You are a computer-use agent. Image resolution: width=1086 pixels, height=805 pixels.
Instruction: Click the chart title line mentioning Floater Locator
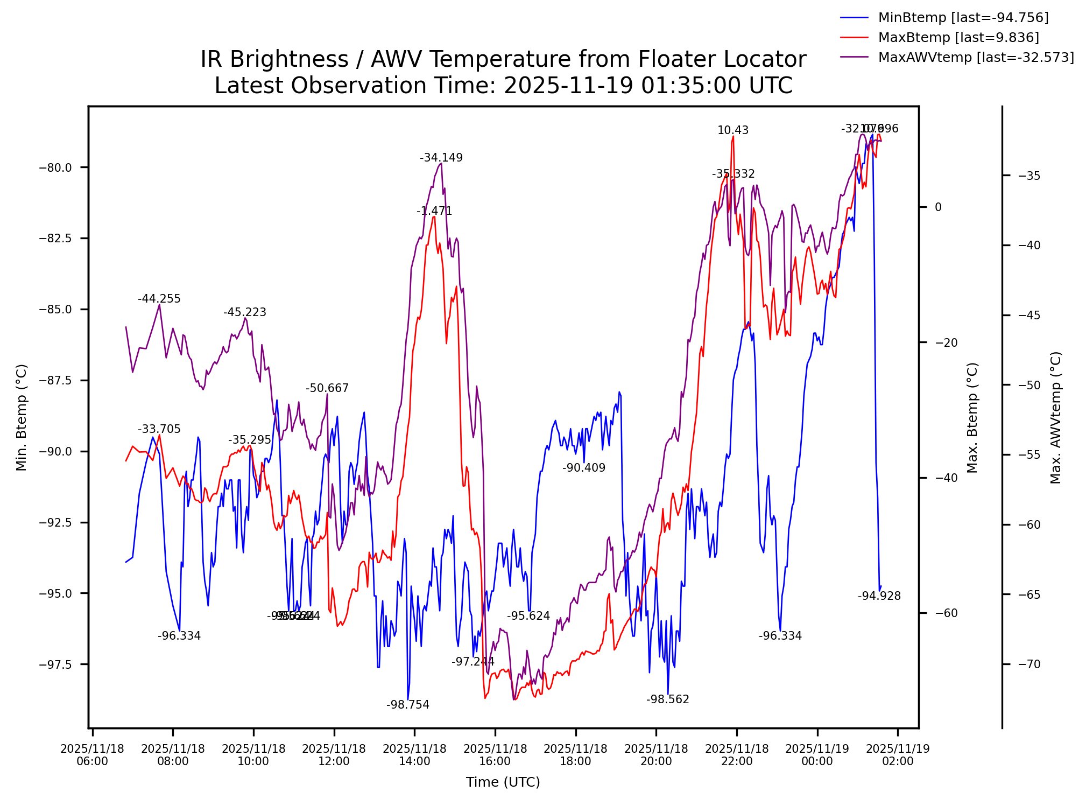[503, 59]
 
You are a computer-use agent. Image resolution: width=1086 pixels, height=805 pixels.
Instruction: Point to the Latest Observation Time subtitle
[503, 86]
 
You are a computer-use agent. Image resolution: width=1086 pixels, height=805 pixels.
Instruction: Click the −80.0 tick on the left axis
[55, 168]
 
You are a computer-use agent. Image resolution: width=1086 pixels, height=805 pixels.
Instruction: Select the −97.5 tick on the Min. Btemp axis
[55, 665]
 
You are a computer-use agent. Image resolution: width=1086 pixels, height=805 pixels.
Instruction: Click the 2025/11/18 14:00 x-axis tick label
[414, 755]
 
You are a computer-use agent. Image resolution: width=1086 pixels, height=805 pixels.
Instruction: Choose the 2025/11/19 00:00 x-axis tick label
[817, 755]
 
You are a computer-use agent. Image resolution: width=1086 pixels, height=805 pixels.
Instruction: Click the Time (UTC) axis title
[503, 782]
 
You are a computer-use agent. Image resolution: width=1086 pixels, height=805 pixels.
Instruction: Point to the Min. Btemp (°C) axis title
[22, 417]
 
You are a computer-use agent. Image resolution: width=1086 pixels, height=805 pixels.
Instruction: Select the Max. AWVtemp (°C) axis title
[1056, 417]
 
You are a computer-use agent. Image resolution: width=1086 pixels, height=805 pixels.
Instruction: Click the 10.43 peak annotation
[732, 131]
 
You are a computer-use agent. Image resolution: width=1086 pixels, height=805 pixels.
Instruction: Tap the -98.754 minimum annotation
[408, 705]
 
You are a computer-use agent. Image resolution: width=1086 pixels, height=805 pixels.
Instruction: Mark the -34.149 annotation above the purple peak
[441, 158]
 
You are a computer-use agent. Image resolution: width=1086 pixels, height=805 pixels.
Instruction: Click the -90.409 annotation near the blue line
[584, 468]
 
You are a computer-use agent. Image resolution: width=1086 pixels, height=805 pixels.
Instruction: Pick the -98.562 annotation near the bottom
[668, 700]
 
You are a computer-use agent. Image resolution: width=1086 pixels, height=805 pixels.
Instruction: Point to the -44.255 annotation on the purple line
[159, 299]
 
